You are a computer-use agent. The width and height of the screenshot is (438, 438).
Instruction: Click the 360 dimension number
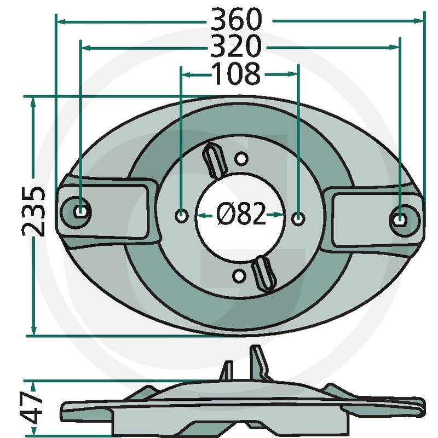coord(236,20)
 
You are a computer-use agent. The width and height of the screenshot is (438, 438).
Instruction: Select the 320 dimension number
coord(236,46)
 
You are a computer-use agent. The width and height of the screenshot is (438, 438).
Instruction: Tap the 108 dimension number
coord(237,73)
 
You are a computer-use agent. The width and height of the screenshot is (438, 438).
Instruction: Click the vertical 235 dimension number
coord(33,211)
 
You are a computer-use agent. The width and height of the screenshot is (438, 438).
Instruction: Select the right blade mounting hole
coord(400,218)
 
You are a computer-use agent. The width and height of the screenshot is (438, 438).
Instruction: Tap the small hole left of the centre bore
coord(182,216)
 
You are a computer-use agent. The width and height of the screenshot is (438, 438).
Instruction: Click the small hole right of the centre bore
coord(298,218)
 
